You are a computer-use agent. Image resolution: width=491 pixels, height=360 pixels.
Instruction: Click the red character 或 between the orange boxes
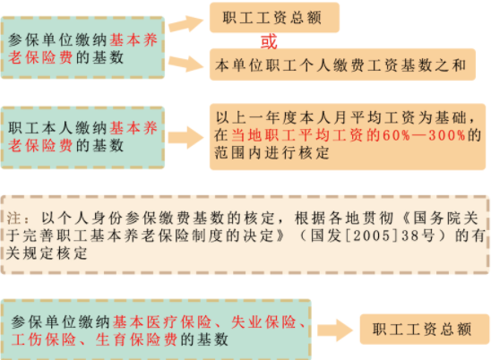[x=269, y=41]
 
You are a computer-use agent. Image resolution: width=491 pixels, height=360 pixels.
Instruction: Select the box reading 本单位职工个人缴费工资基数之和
[x=342, y=64]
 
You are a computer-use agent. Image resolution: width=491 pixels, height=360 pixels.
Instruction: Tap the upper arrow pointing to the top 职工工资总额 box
[x=186, y=23]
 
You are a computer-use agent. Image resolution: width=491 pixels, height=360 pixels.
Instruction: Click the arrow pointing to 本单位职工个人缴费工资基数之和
[x=186, y=64]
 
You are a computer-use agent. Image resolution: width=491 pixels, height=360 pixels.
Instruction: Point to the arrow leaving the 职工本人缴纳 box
[x=186, y=137]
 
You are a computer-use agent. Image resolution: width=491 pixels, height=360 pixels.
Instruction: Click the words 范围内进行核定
[x=271, y=153]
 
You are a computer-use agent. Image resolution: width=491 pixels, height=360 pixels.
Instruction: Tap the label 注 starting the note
[x=13, y=219]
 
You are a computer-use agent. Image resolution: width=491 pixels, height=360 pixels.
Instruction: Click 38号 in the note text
[x=418, y=236]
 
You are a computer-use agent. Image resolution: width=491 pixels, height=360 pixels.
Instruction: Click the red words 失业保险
[x=263, y=322]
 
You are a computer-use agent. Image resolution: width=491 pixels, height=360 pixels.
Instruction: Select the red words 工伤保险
[x=44, y=339]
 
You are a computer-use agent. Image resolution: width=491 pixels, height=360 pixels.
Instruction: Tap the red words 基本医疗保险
[x=162, y=322]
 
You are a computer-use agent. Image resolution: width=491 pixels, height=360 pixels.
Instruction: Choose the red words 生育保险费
[x=136, y=339]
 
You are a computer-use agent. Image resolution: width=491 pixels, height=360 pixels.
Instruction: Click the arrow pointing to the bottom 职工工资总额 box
[x=335, y=330]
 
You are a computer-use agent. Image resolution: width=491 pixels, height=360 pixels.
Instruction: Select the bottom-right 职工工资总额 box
[x=425, y=330]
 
